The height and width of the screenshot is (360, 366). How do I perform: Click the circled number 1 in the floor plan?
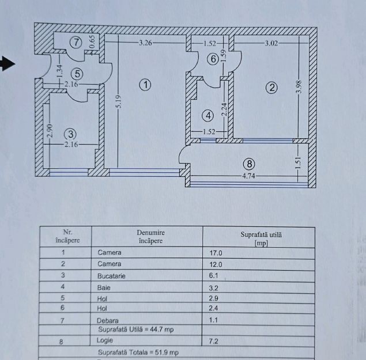point(145,85)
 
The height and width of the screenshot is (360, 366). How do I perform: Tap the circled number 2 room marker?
point(271,88)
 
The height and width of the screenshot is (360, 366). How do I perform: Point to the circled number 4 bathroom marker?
point(209,115)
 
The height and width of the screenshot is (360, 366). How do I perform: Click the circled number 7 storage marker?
point(76,41)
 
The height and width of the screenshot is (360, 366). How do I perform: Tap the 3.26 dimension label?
point(145,43)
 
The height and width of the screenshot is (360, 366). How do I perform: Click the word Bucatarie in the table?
point(112,276)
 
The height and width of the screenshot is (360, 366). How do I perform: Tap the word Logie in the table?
point(105,341)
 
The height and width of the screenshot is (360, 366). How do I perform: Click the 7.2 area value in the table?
point(213,341)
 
